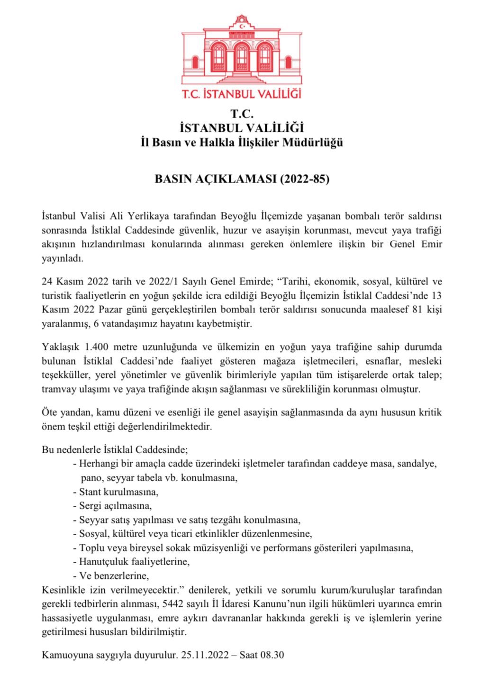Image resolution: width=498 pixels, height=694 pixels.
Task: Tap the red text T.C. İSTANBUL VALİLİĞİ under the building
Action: tap(242, 92)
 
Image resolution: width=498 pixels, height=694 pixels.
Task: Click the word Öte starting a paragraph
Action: tap(49, 412)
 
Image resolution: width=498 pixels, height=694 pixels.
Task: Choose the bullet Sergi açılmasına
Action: tap(115, 505)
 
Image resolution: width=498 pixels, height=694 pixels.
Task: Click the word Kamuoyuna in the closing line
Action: tap(64, 656)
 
